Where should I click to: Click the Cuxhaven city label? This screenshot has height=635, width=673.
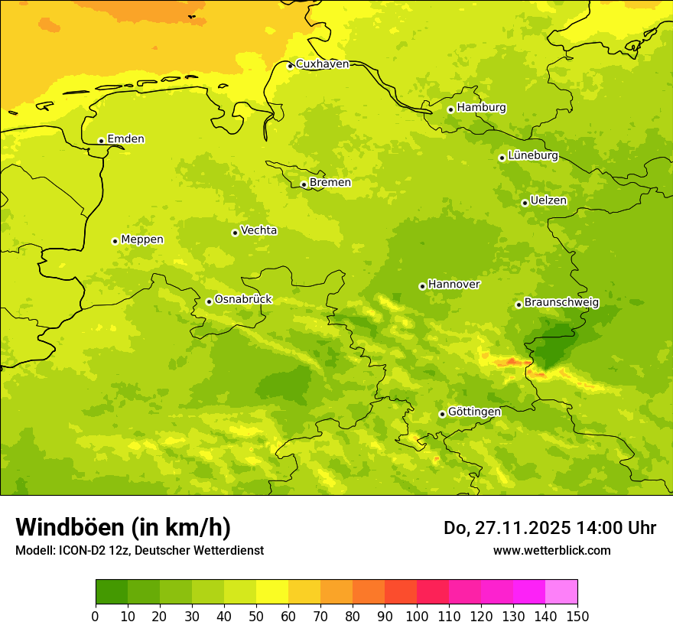322,63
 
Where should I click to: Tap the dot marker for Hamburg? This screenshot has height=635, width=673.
450,109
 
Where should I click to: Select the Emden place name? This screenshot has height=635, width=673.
125,138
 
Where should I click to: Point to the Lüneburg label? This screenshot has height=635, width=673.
533,155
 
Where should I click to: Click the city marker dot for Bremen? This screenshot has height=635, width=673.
304,184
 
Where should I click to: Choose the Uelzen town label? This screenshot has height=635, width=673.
548,200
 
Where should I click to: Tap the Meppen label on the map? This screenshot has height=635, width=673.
142,239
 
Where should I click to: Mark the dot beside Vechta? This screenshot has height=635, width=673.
235,233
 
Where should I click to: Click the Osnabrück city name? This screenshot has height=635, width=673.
243,299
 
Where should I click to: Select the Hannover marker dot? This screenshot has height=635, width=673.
422,286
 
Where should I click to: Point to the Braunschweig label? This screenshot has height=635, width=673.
561,302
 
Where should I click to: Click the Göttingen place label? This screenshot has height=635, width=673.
474,412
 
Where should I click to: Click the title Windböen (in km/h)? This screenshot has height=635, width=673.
123,527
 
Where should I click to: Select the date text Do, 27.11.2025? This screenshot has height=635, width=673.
506,528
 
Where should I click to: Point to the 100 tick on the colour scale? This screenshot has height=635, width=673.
417,616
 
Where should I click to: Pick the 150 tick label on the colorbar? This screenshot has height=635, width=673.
577,616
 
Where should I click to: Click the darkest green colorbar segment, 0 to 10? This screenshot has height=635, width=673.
112,592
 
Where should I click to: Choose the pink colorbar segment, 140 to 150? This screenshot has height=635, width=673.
561,592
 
